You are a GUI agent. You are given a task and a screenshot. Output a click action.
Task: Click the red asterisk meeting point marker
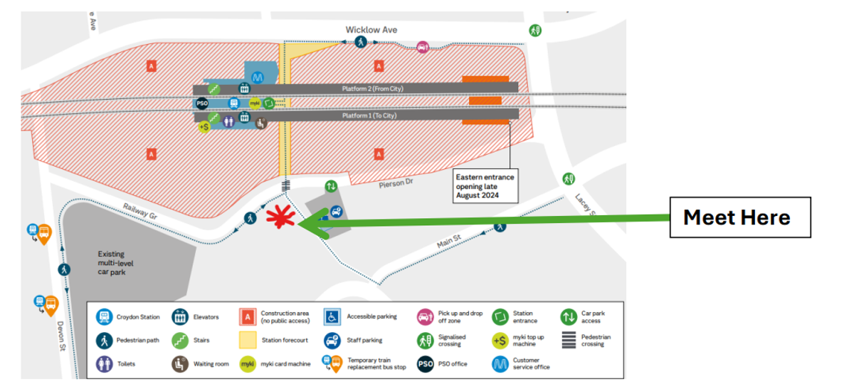coord(280,217)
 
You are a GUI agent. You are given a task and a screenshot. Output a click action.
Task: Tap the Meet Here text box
coord(740,217)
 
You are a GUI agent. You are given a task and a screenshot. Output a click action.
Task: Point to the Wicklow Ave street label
coord(371,30)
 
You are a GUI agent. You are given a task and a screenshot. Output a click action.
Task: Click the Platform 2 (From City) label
coord(372,88)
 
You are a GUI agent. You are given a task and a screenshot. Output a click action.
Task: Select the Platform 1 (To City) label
coord(369,115)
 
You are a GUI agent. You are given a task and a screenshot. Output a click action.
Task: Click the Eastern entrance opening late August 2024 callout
coord(485,186)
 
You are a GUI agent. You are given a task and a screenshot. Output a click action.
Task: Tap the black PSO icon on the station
coord(201,103)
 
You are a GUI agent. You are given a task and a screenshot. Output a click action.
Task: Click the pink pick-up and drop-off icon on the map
coord(423,47)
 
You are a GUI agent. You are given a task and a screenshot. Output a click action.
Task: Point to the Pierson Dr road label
coord(396,183)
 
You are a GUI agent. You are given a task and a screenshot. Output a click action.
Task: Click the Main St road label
coord(449,241)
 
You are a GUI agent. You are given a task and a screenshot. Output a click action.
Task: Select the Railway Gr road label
coord(140,211)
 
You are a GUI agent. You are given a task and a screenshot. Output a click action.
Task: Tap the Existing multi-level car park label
coord(115,263)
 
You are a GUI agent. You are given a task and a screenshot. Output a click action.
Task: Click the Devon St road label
coord(61,336)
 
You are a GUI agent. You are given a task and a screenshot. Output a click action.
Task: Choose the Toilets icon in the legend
coord(104,364)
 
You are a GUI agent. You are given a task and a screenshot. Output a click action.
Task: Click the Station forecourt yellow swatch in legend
coord(248,340)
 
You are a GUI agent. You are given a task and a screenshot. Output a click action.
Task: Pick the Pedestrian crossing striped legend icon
coord(569,340)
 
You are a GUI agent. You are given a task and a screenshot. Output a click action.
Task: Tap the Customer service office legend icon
coord(500,364)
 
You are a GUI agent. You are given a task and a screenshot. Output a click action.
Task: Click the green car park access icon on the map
coord(331,186)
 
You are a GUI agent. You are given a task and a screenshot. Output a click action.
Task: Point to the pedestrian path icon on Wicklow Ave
coord(360,42)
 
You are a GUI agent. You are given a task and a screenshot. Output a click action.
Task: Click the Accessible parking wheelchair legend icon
coord(332,316)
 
